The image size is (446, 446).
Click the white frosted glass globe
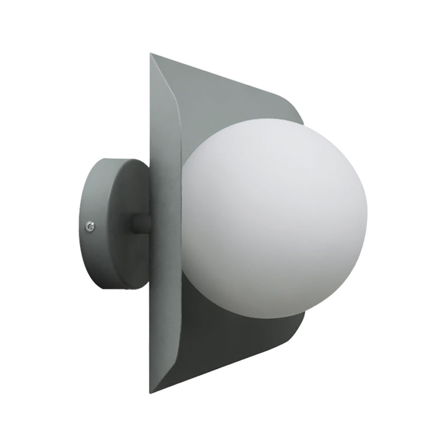[x=273, y=217]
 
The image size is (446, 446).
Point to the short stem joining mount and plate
[x=141, y=223]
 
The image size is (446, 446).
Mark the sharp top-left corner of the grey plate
[x=151, y=54]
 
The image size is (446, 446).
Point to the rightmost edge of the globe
[x=367, y=217]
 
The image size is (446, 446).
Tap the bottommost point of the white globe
[x=273, y=318]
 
